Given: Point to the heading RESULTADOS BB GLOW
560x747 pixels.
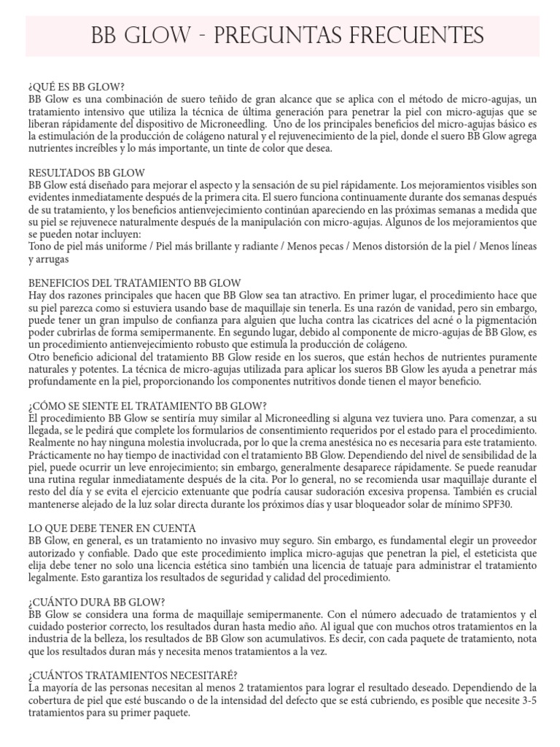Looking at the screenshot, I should (86, 173).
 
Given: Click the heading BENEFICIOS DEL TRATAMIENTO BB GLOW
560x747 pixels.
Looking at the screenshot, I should (135, 282).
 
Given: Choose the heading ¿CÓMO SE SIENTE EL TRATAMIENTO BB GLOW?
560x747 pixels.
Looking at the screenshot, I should (148, 406).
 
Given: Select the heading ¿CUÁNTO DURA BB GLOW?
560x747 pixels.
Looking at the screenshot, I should (96, 602).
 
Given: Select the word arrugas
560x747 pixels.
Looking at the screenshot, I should (48, 259).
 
